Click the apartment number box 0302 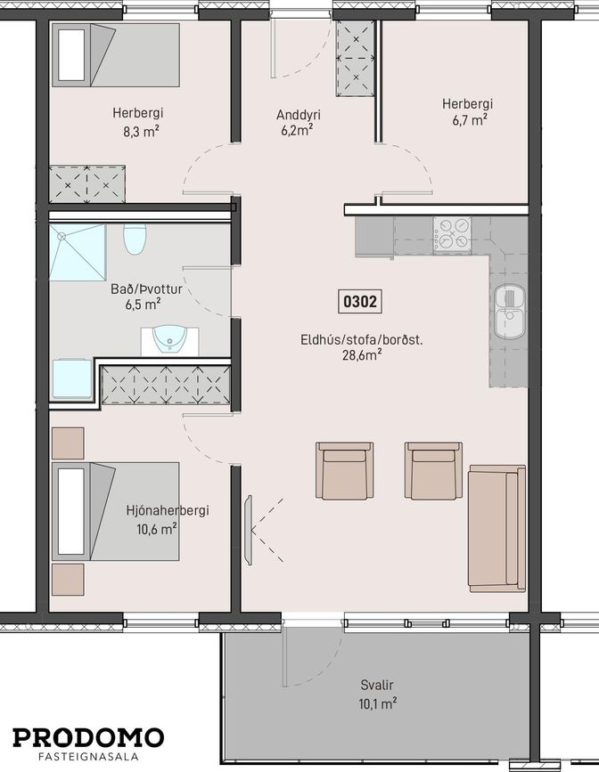coord(360,301)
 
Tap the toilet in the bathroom coord(135,239)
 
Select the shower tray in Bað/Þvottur coord(78,252)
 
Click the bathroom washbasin coord(169,341)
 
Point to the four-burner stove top coord(452,235)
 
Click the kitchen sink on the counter coord(510,312)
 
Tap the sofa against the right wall coord(497,528)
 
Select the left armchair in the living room coord(345,471)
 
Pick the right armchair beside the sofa coord(433,471)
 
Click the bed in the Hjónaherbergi coord(115,511)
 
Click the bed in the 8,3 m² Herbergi coord(115,55)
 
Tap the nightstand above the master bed coord(68,443)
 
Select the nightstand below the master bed coord(68,580)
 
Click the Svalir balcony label coord(377,685)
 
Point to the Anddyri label coord(299,115)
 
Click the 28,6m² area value coord(363,355)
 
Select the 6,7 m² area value coord(470,119)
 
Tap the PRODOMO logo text coord(88,738)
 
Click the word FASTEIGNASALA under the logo coord(88,757)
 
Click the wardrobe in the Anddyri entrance coord(355,59)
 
